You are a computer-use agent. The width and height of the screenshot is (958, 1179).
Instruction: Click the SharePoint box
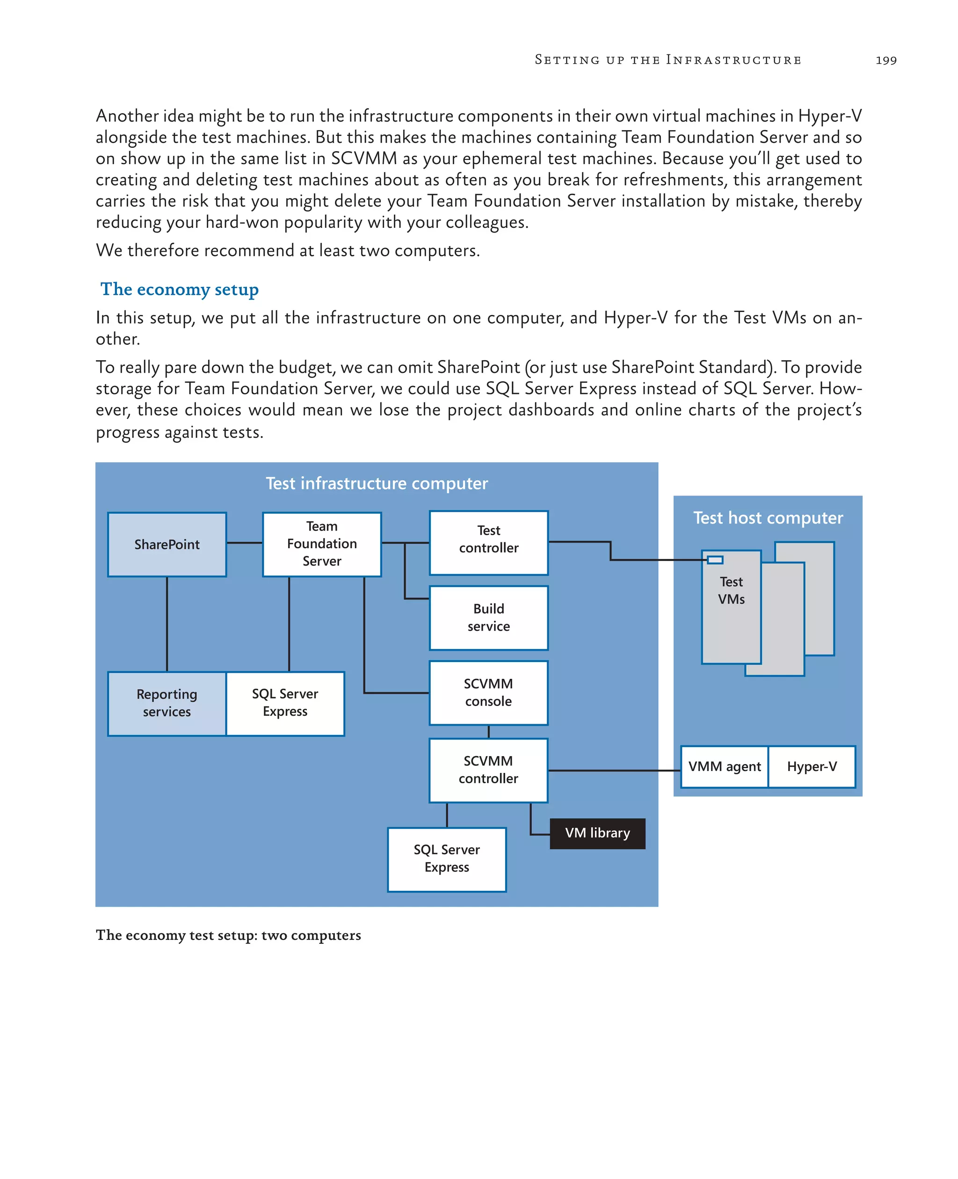click(x=167, y=544)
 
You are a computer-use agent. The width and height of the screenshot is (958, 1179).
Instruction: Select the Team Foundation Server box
click(x=322, y=544)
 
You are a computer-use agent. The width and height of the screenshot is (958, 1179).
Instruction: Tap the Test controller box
click(x=488, y=543)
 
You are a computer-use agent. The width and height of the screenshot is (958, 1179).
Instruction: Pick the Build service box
click(x=488, y=618)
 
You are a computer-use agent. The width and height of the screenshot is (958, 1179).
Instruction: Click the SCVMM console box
click(x=488, y=693)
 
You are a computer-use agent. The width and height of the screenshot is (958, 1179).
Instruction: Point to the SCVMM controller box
click(x=488, y=770)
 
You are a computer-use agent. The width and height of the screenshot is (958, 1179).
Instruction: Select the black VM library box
click(x=597, y=833)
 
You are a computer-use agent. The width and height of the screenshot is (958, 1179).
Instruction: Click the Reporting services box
click(x=167, y=703)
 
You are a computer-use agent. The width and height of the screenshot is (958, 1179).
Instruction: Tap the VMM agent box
click(x=724, y=767)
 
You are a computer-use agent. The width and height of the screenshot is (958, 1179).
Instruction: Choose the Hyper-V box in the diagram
click(x=812, y=767)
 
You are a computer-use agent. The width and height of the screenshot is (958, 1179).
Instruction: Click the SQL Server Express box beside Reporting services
click(x=285, y=703)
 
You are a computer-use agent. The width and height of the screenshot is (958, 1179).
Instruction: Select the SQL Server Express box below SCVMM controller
click(x=446, y=859)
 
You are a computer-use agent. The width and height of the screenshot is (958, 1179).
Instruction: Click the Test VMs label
click(x=731, y=590)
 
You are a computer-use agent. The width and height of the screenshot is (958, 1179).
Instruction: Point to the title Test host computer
click(x=768, y=518)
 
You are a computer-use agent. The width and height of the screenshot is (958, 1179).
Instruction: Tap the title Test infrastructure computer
click(x=377, y=483)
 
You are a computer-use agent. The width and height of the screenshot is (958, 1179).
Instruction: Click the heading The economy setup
click(x=179, y=289)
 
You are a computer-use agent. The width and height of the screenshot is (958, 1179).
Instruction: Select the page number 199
click(x=885, y=60)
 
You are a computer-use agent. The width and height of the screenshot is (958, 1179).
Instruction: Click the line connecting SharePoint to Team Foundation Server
click(x=245, y=543)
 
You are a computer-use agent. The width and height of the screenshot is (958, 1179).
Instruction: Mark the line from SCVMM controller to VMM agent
click(x=614, y=770)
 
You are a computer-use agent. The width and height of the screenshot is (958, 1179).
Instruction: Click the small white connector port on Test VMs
click(x=715, y=560)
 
